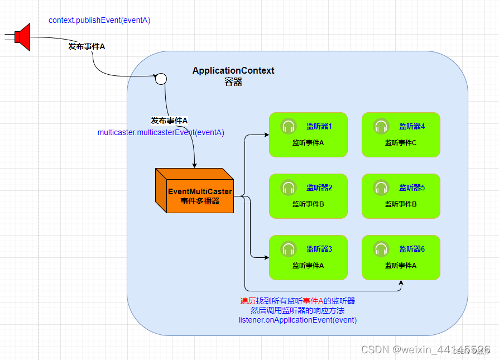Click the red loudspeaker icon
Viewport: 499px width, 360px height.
pos(22,37)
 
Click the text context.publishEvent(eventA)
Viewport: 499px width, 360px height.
pos(99,20)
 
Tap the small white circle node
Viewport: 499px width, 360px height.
pos(161,79)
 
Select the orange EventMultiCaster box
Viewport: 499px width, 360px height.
pos(194,190)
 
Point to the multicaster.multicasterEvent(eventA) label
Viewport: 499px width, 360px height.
pos(161,132)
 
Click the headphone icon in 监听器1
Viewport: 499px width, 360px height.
pos(289,126)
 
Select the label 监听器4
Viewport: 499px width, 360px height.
pos(412,126)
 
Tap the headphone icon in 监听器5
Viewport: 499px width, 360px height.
pos(381,188)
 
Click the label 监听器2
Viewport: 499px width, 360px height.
pos(319,188)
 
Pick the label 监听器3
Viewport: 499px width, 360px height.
pos(319,249)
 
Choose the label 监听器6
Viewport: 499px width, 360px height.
pos(412,249)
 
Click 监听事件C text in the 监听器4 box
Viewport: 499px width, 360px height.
pos(401,142)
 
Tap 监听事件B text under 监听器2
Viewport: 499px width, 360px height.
pos(308,204)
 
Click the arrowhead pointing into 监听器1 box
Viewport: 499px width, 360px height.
pos(267,135)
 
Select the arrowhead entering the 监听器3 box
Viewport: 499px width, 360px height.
pos(267,257)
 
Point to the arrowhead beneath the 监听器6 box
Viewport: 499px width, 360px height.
pos(401,282)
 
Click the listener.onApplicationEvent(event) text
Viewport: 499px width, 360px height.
pos(298,320)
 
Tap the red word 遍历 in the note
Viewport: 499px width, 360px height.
pos(248,301)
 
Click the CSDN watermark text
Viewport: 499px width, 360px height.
pos(425,349)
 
